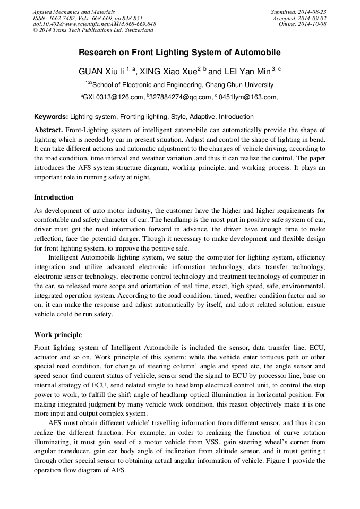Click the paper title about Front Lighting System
pos(179,53)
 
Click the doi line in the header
pos(94,24)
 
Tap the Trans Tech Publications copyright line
pos(93,30)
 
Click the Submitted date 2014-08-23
pos(298,11)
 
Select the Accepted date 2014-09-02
pos(300,18)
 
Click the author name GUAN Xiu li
pos(101,72)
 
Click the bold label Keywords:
pos(51,117)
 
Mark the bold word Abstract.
pos(48,130)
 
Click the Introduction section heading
pos(54,197)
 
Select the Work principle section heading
pos(57,335)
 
